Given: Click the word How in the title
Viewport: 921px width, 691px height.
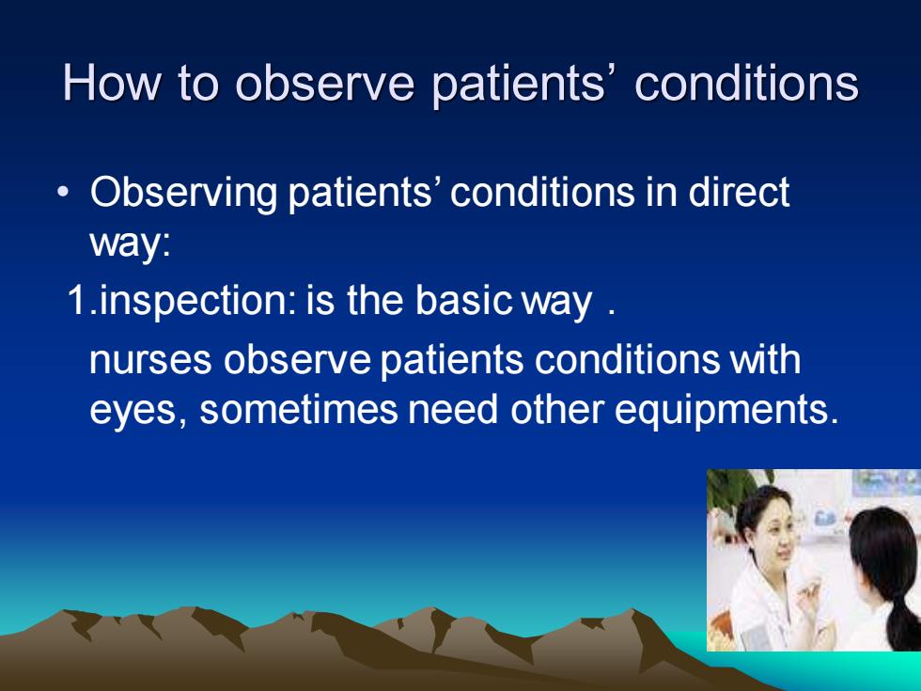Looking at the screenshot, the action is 111,83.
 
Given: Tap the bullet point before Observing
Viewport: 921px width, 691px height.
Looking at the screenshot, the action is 64,192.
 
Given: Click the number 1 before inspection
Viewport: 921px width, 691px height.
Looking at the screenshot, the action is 77,300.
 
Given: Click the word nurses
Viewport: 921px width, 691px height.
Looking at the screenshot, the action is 150,361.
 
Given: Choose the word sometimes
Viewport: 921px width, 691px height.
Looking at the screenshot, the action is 299,410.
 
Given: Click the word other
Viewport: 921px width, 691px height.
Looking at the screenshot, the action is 556,409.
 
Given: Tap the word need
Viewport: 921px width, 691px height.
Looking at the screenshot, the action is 453,409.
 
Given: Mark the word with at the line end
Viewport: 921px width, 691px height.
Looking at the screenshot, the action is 765,358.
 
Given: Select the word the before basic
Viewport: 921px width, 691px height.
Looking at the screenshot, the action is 375,300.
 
